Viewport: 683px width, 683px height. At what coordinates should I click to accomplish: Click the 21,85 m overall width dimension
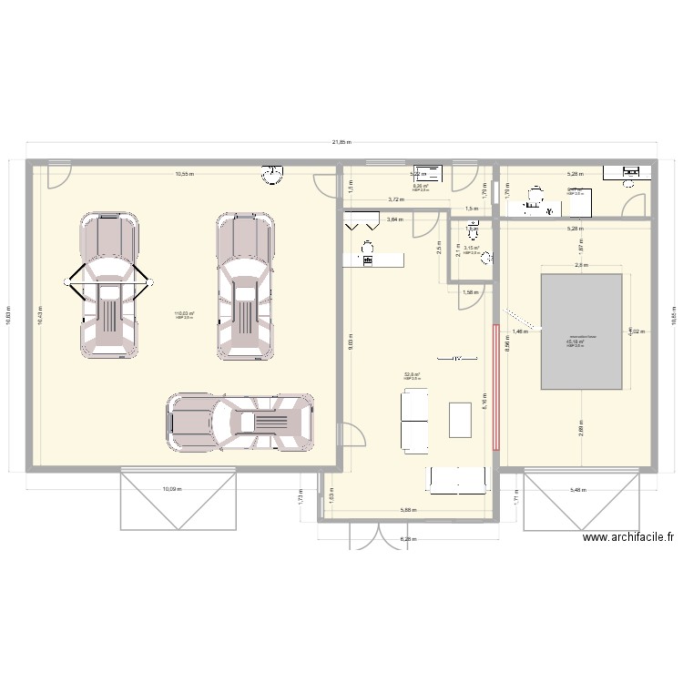342,143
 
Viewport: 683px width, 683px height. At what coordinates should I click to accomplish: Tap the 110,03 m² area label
183,314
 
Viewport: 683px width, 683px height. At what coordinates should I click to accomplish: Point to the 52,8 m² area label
412,374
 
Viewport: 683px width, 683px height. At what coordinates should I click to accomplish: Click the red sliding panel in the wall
496,388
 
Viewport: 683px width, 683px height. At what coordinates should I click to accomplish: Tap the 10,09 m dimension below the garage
172,489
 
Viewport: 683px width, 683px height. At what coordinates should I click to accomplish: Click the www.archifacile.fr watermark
628,537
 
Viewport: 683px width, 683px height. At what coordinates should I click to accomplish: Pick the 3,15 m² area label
471,248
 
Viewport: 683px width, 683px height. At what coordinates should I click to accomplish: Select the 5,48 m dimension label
579,490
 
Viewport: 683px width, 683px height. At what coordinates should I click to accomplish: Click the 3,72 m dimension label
395,199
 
